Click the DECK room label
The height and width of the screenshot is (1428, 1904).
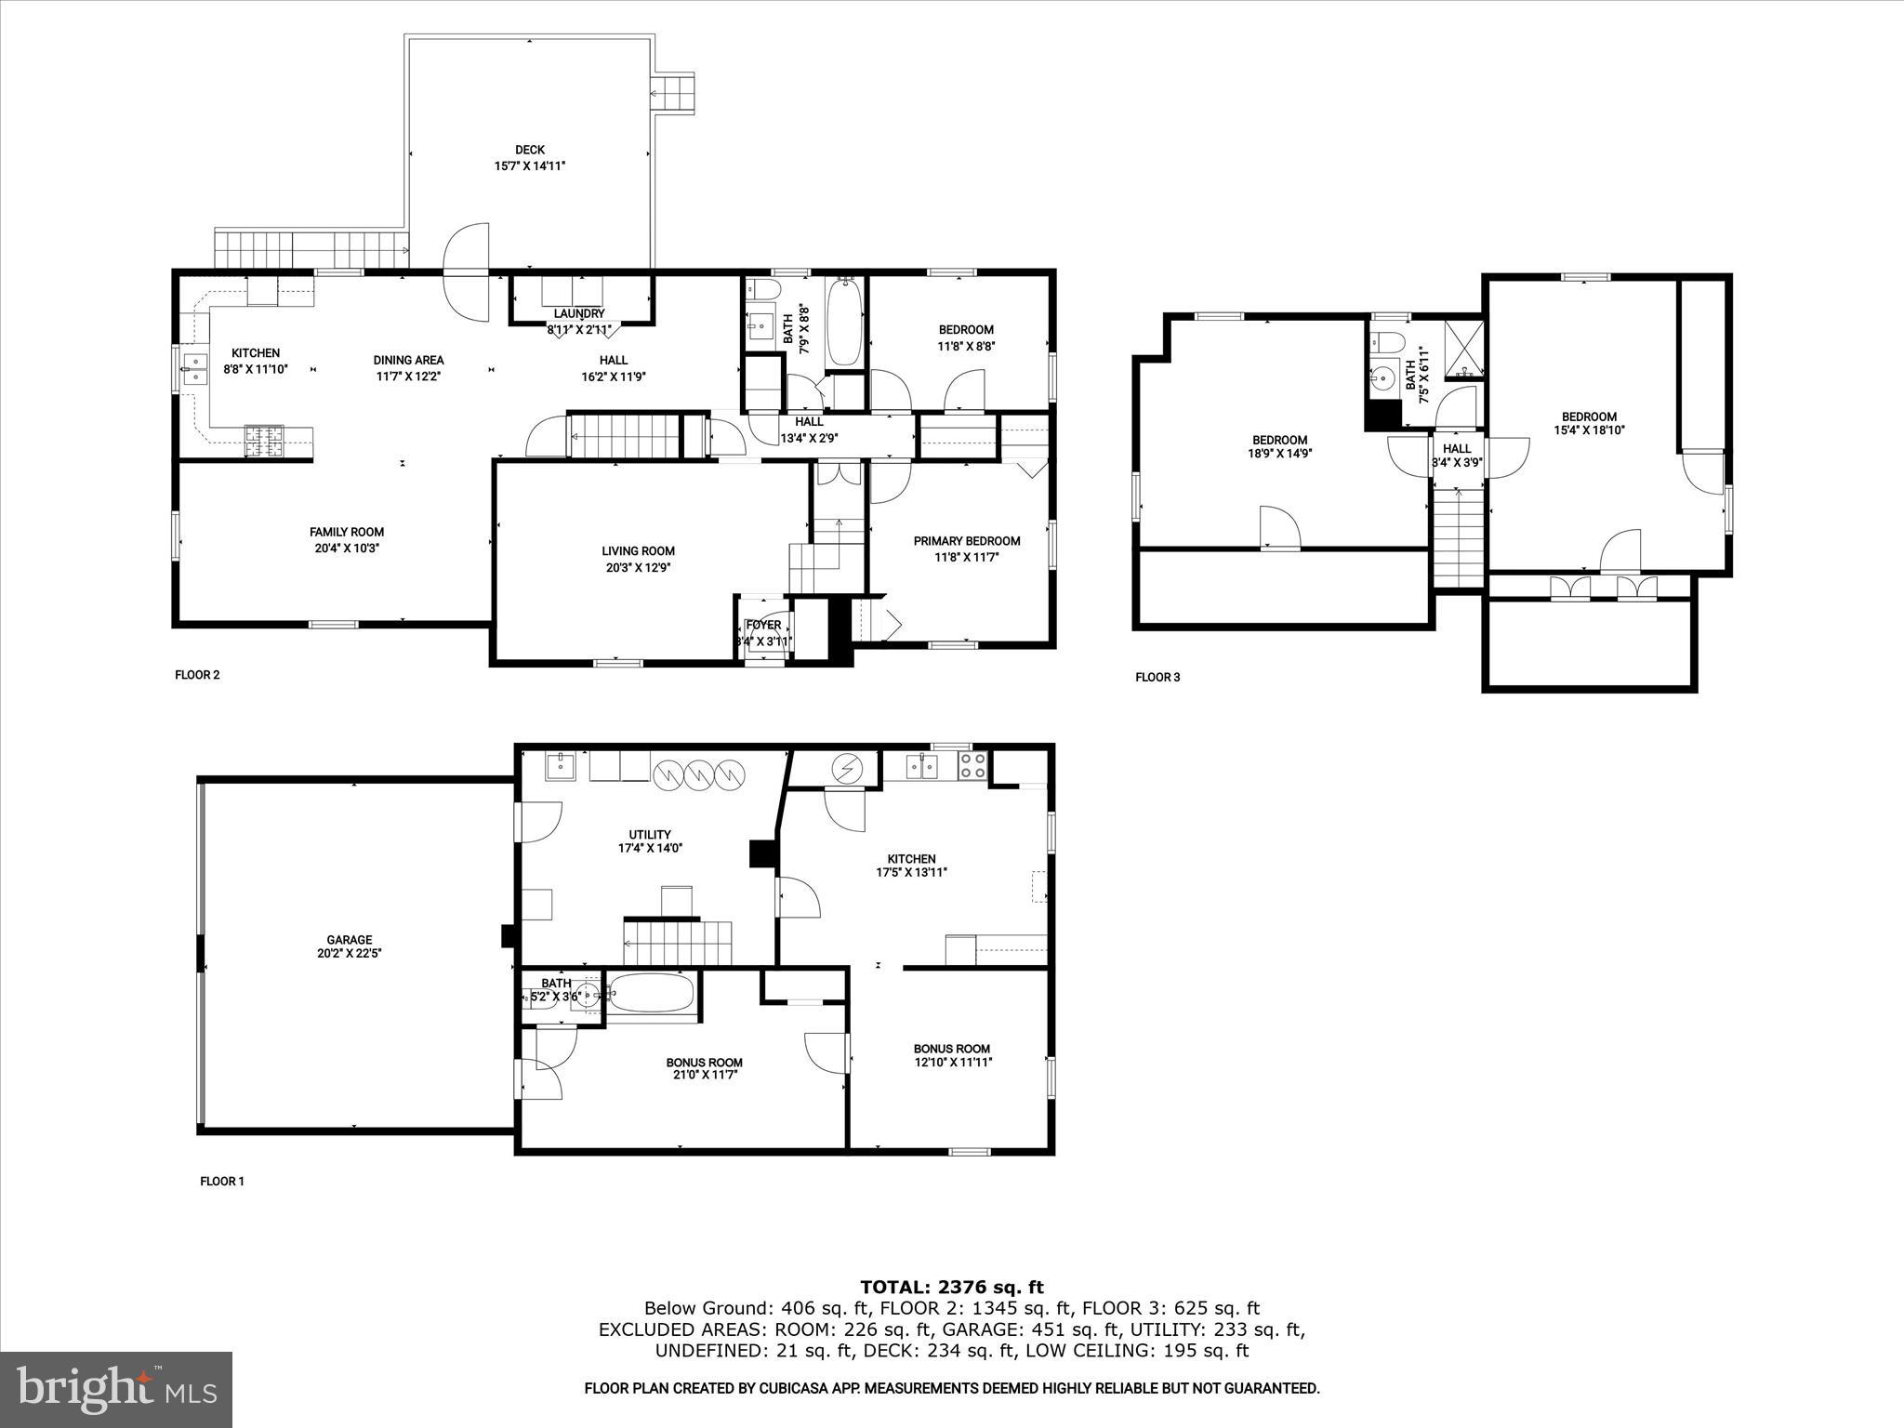point(530,150)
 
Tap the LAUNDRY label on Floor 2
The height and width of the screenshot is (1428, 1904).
point(579,314)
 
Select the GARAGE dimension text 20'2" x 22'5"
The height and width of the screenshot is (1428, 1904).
point(349,953)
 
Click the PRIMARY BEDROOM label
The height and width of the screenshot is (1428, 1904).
point(966,541)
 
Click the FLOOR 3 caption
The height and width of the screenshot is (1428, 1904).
point(1157,678)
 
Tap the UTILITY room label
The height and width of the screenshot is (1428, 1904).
point(649,835)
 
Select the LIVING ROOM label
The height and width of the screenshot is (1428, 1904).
point(638,551)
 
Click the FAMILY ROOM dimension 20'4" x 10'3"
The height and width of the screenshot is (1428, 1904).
point(347,549)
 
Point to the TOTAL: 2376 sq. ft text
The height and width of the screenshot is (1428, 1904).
point(951,1288)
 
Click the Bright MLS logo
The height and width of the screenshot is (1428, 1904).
point(116,1390)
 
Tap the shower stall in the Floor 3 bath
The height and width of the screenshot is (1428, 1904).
point(1463,349)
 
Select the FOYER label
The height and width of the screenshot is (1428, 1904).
point(763,626)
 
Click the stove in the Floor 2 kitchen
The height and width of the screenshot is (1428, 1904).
point(264,441)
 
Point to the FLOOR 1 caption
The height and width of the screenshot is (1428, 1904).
point(222,1182)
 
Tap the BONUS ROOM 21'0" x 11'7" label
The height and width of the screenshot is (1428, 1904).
point(704,1063)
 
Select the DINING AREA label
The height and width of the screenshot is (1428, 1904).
point(408,361)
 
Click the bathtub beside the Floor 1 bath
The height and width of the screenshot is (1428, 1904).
point(652,994)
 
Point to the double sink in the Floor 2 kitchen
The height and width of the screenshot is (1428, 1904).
point(195,369)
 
